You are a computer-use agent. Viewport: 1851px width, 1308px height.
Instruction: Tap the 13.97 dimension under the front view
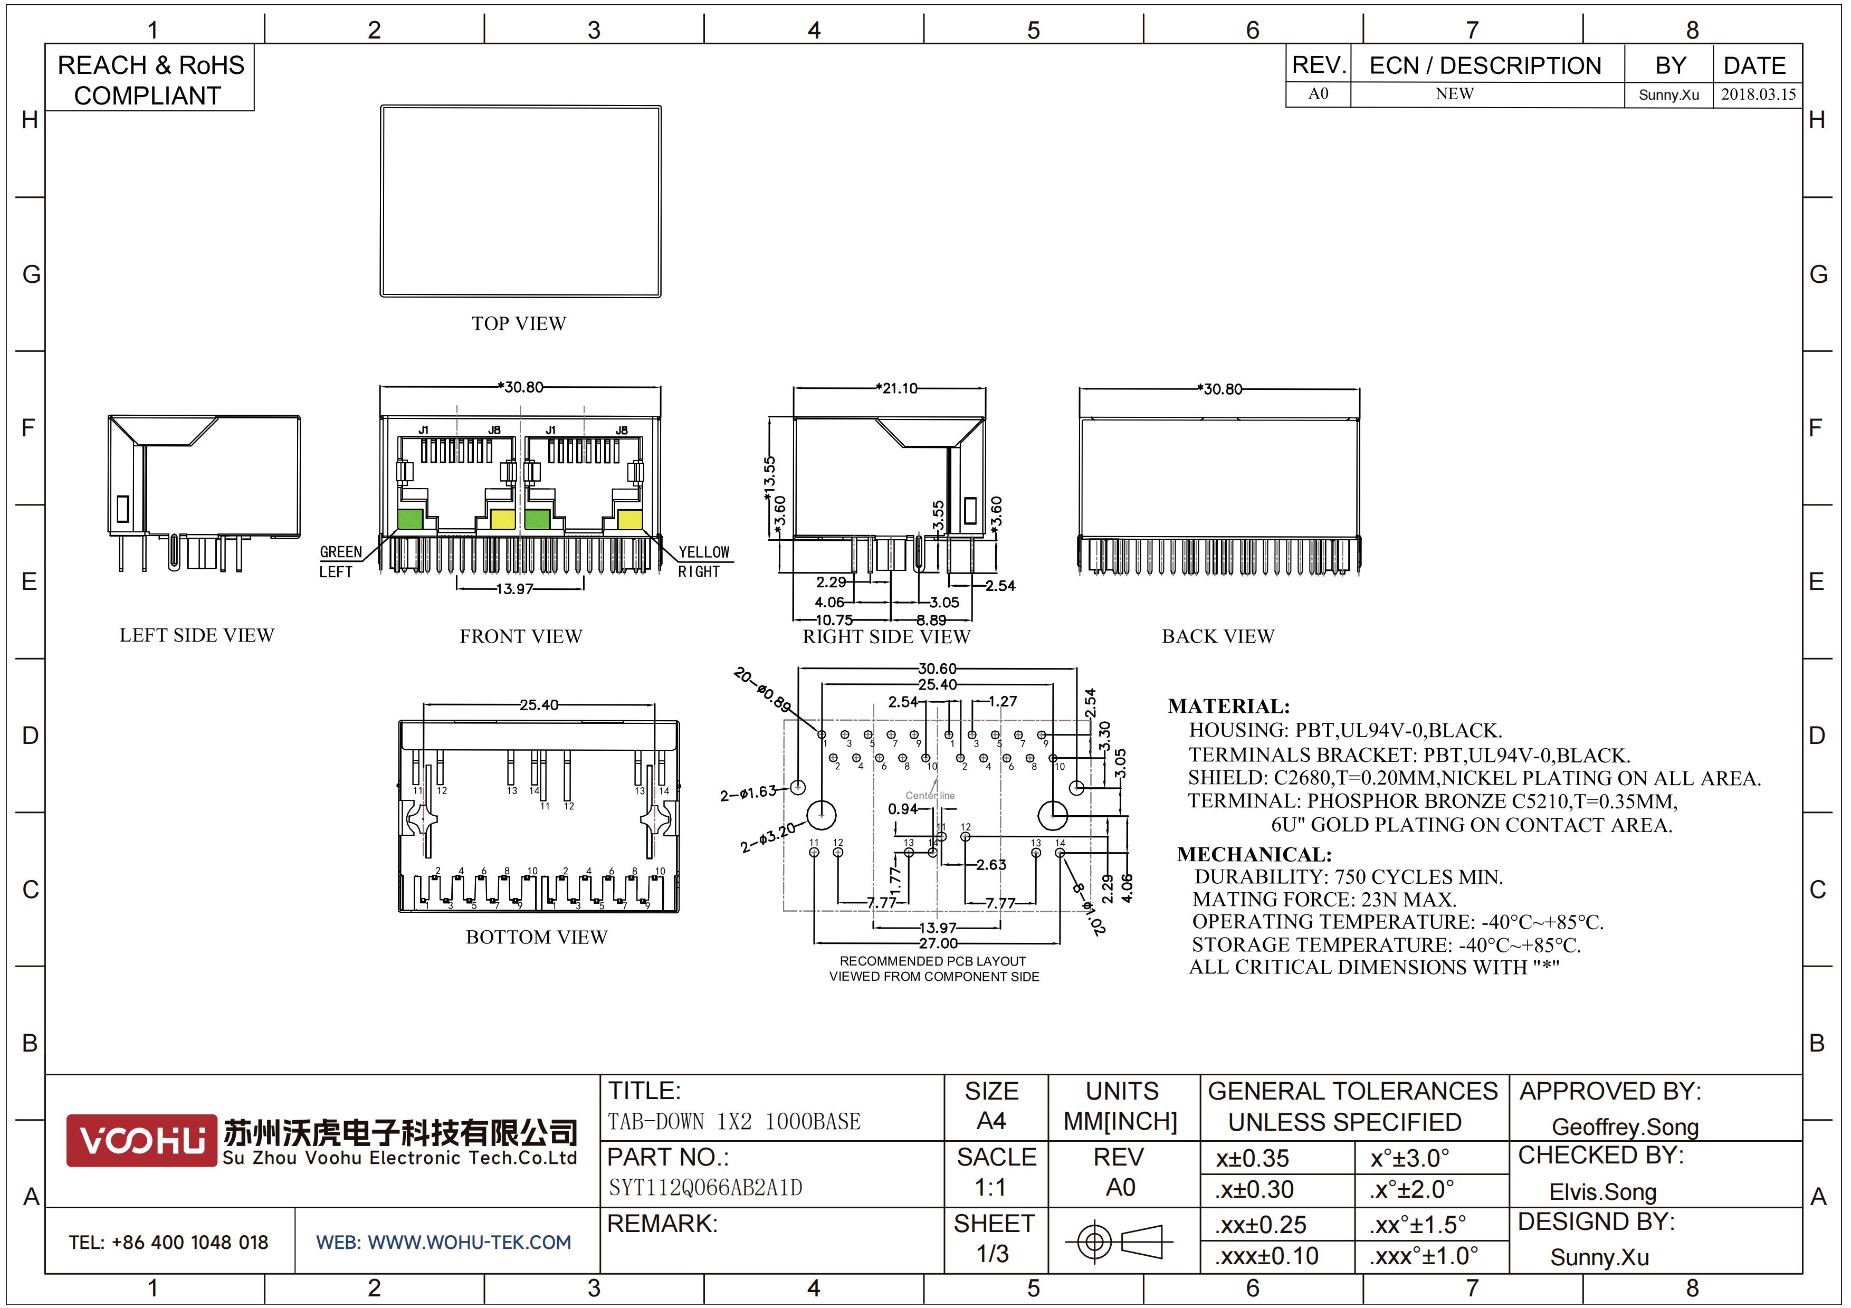[515, 589]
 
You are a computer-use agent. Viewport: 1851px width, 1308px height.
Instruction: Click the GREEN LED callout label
[340, 552]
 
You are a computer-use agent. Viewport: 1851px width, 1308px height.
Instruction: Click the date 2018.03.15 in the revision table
[1758, 94]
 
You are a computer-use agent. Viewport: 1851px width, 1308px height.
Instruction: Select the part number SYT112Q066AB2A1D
[705, 1188]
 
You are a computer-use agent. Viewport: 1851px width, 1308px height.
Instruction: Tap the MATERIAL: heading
[1228, 707]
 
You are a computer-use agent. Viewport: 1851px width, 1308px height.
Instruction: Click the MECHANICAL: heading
[1254, 854]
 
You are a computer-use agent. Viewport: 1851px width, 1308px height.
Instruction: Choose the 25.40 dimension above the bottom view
[539, 705]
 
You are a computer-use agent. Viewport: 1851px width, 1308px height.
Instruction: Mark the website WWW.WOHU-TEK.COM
[443, 1243]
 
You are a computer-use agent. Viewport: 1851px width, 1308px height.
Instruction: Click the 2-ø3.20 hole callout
[768, 836]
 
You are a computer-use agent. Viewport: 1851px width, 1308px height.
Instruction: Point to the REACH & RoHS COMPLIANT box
[150, 80]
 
